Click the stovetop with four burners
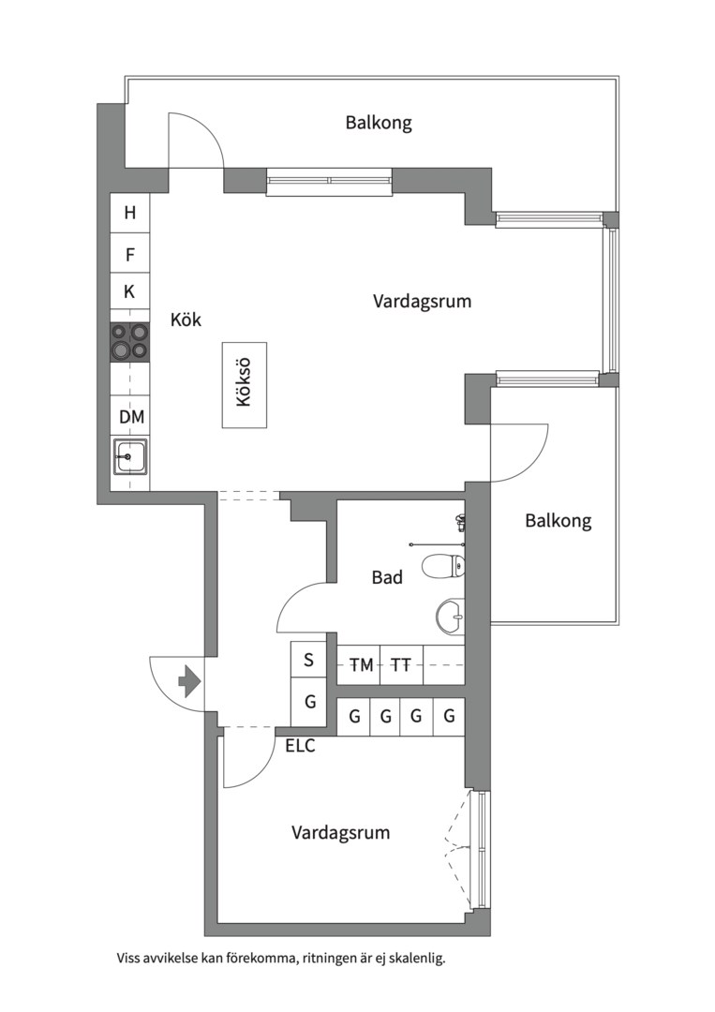click(x=129, y=341)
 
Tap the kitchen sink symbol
click(x=129, y=456)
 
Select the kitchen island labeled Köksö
click(x=245, y=385)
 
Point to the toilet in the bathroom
click(x=443, y=567)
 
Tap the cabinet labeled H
click(x=129, y=213)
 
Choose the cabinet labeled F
click(x=129, y=254)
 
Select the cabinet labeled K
click(x=129, y=292)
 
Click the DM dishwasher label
click(x=131, y=416)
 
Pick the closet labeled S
click(x=309, y=660)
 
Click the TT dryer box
click(x=402, y=664)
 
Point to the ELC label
click(x=301, y=746)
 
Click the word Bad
click(x=387, y=577)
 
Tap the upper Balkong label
click(x=379, y=123)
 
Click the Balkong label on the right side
click(x=559, y=521)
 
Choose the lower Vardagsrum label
click(x=341, y=833)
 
